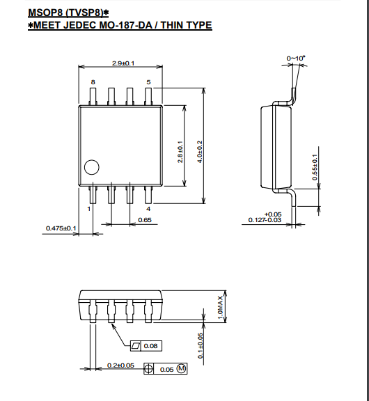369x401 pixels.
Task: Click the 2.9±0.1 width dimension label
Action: pos(123,63)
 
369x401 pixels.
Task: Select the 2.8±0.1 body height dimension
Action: pos(180,152)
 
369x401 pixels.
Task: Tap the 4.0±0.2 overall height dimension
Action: pos(200,152)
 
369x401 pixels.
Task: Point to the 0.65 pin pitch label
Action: pos(145,220)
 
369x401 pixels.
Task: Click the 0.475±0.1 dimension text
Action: pos(61,228)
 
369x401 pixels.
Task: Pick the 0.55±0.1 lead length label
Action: pos(315,167)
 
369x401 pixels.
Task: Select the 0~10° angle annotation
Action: pos(296,58)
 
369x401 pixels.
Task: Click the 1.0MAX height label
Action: pos(220,308)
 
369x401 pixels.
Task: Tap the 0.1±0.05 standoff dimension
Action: pos(201,345)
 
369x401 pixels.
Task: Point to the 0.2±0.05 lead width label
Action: pos(120,365)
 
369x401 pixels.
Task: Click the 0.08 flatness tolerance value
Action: pos(150,346)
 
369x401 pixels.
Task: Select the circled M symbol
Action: pos(181,368)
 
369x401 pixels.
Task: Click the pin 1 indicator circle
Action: pos(91,167)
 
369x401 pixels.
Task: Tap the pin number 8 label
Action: pos(93,82)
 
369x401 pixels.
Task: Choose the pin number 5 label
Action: pos(148,82)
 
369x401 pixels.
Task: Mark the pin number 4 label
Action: pos(148,209)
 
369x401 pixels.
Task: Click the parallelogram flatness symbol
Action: pos(136,346)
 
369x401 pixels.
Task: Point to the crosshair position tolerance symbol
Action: pos(148,368)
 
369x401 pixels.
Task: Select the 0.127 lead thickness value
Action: pos(256,220)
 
